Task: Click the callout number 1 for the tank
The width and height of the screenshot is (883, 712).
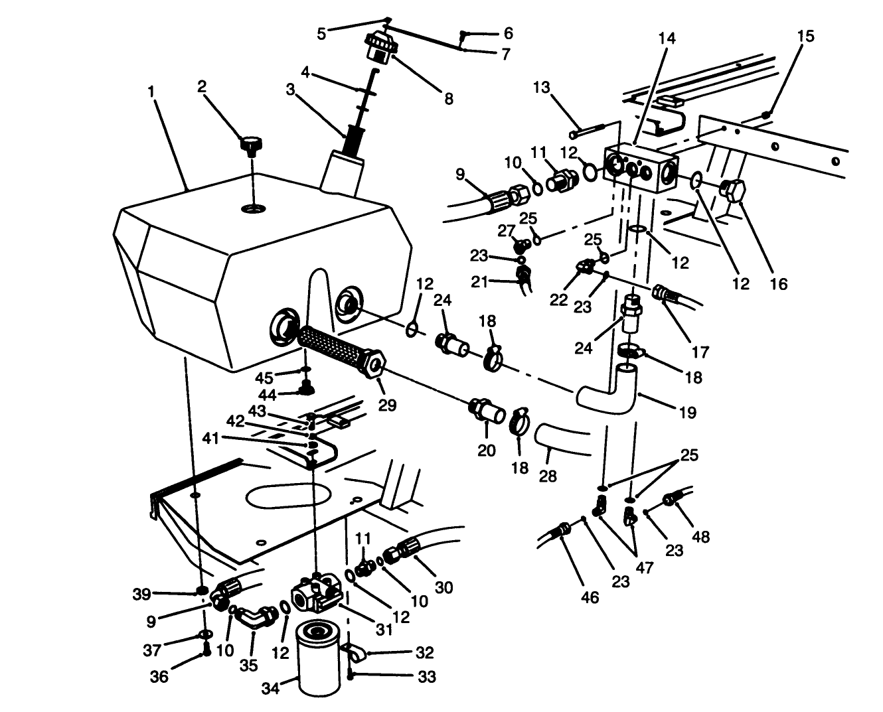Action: pyautogui.click(x=151, y=90)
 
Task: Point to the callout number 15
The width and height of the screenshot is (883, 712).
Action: pyautogui.click(x=805, y=36)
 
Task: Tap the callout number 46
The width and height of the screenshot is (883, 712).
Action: pyautogui.click(x=590, y=597)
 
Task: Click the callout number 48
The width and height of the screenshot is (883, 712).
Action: pyautogui.click(x=700, y=535)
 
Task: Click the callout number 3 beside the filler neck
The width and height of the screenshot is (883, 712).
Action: pyautogui.click(x=289, y=90)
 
